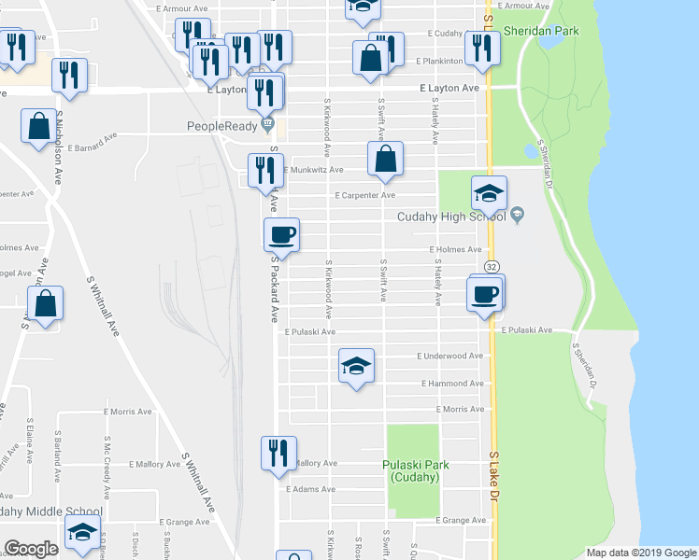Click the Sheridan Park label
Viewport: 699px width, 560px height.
point(541,31)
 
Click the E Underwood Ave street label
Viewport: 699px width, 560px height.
point(450,356)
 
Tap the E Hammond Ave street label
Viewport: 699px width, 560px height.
point(452,383)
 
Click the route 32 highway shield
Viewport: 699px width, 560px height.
point(491,267)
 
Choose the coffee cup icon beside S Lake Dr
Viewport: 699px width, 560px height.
point(485,294)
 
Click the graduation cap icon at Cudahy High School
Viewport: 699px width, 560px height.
point(488,193)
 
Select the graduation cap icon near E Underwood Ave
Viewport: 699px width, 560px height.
point(355,366)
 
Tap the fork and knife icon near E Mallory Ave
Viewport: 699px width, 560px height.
point(278,454)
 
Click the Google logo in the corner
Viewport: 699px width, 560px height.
point(32,549)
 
